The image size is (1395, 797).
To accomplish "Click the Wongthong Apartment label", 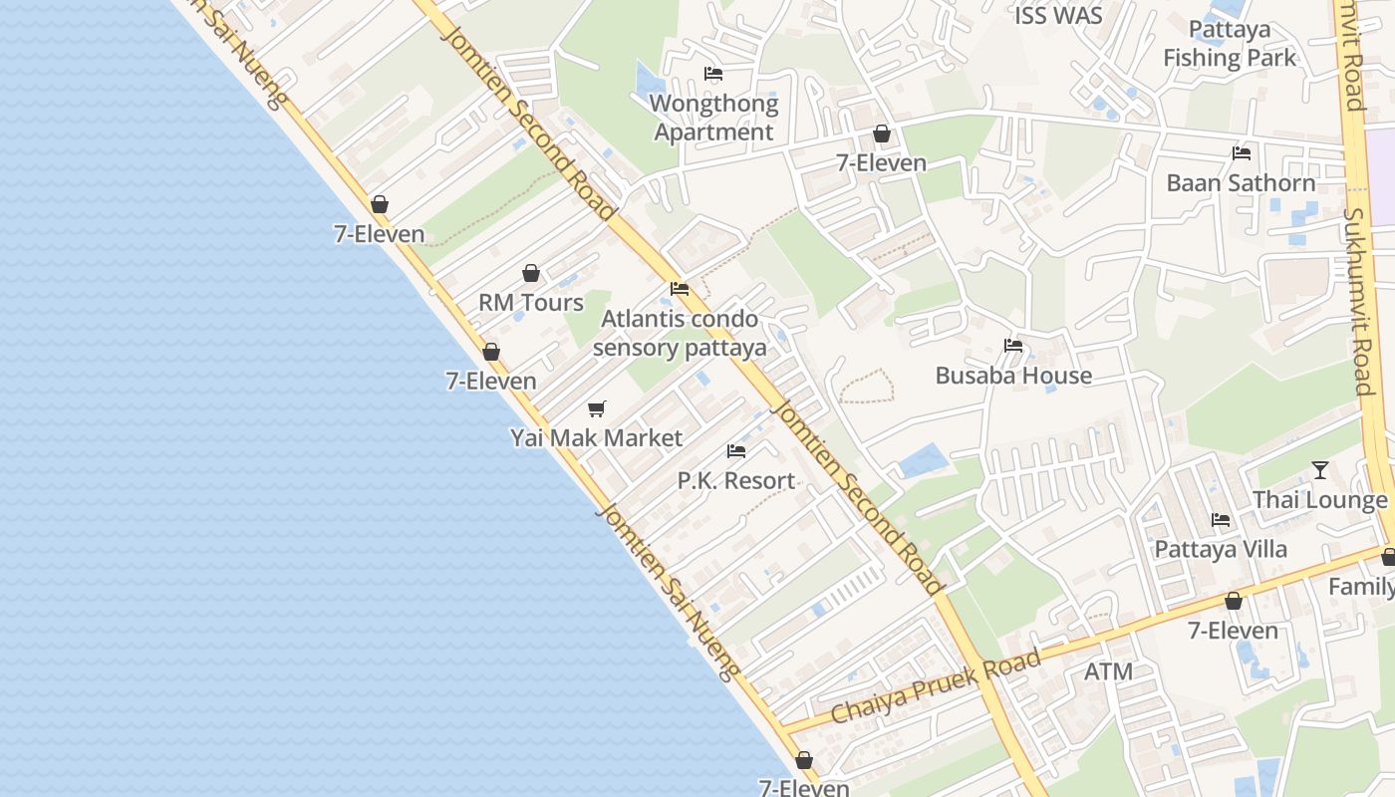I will [713, 118].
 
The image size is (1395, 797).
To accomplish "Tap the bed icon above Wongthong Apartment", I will [713, 74].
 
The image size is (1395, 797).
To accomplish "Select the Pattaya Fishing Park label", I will [1230, 44].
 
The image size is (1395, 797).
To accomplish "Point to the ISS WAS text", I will [1058, 16].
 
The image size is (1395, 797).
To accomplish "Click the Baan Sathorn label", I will [1241, 183].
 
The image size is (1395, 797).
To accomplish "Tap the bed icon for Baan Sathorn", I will [1242, 153].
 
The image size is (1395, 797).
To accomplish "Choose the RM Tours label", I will [531, 303].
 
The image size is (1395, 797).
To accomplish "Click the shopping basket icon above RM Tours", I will [531, 273].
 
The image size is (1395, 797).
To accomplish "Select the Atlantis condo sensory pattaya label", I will [680, 333].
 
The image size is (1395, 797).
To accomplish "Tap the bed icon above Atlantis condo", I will [680, 289].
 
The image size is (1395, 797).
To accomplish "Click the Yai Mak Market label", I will [596, 438].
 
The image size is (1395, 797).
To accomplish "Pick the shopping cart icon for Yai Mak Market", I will [597, 408].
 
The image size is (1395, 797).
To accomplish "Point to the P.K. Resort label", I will [736, 480].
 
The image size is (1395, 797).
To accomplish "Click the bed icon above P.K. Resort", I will [736, 451].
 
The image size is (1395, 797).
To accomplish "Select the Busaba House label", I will [1013, 376].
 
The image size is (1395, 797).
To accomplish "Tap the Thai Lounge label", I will [1319, 500].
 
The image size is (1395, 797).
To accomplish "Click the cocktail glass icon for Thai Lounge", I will [1320, 470].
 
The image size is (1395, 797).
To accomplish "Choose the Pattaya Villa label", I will [1221, 549].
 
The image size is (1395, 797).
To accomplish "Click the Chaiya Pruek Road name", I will [936, 687].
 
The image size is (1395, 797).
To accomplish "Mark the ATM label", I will [1108, 671].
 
